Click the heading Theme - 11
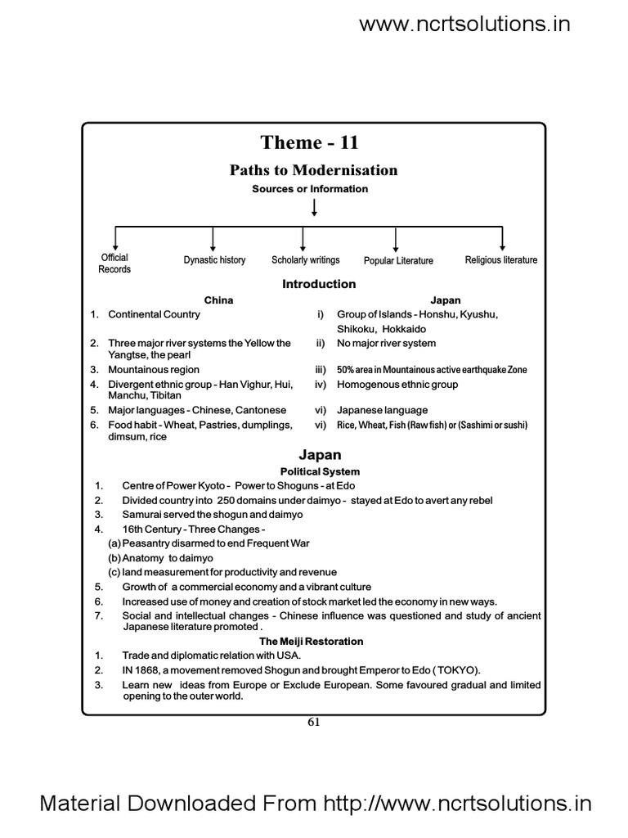tap(309, 143)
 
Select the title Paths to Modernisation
tap(313, 170)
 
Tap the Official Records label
tap(114, 264)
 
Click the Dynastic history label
tap(214, 260)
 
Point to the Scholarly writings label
tap(306, 260)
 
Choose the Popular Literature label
tap(398, 261)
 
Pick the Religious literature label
tap(501, 260)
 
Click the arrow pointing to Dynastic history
tap(213, 239)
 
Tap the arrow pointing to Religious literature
tap(501, 239)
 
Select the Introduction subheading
tap(319, 284)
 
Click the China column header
tap(218, 300)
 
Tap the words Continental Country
tap(154, 314)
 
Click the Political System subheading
tap(320, 471)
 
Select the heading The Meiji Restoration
tap(311, 642)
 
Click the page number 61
tap(313, 722)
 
